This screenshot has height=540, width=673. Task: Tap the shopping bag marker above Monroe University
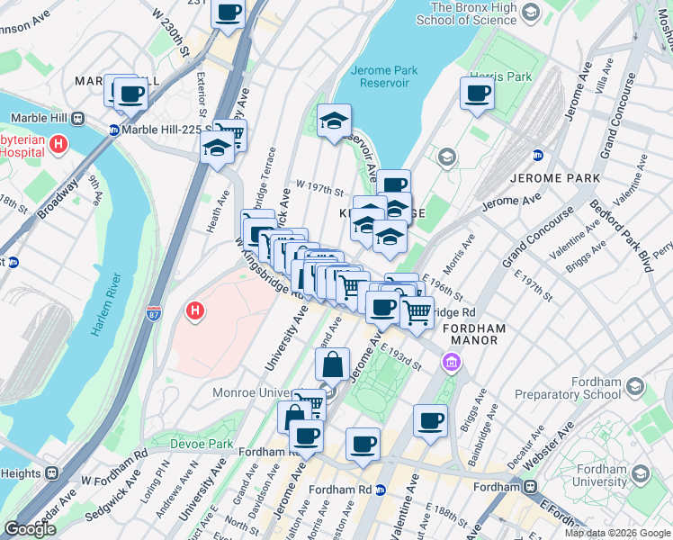click(332, 364)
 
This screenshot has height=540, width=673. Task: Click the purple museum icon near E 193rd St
click(452, 363)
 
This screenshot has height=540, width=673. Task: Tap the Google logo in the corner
click(31, 529)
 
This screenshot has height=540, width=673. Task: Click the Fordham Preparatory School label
click(569, 388)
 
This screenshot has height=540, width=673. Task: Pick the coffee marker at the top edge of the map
click(229, 13)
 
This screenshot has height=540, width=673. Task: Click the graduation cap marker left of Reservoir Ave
click(334, 121)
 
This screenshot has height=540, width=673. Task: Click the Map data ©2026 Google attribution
click(616, 533)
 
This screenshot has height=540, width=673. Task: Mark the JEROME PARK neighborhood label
click(553, 177)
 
